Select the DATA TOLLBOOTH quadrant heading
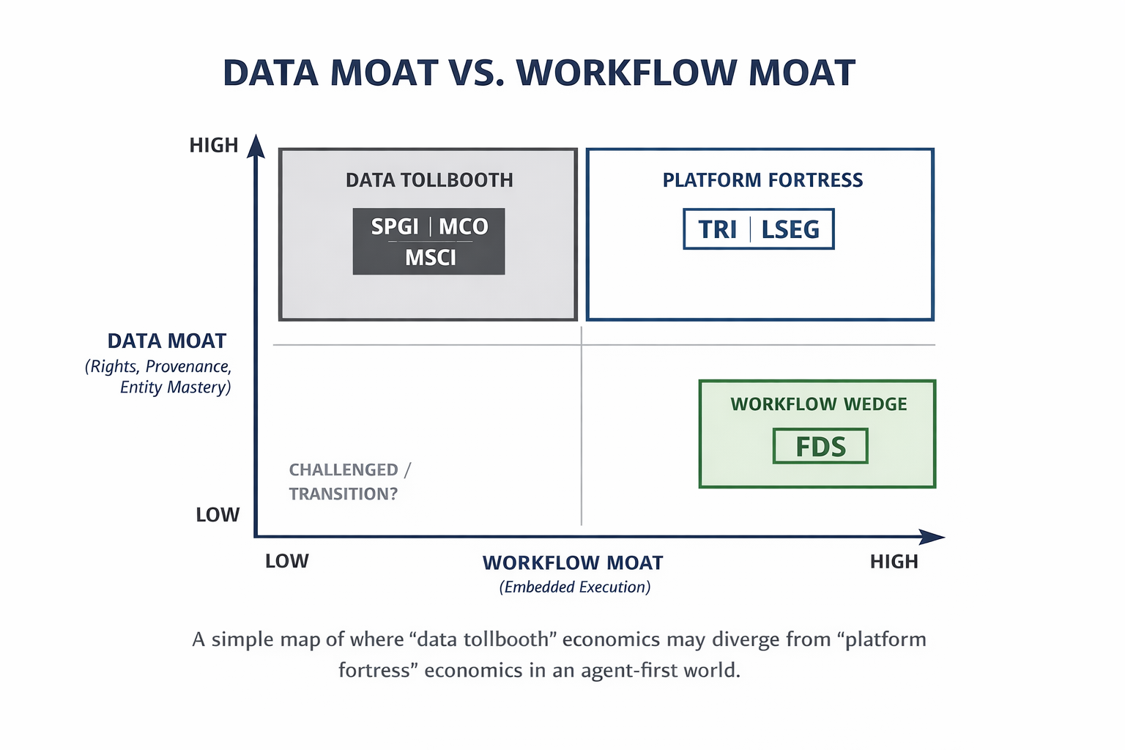429,180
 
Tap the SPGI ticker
394,227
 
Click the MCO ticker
463,227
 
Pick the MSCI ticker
430,258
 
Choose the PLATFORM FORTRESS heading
762,180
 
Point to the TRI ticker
717,230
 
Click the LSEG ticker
790,230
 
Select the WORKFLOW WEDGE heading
818,404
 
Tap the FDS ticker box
820,447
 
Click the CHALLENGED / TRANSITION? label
349,482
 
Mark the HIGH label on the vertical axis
214,146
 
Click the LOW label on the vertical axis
218,515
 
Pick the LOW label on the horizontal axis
286,562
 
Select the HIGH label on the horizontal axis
894,562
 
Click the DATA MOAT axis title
167,341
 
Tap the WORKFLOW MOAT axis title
573,563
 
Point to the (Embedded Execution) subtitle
575,587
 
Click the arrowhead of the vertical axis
256,146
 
